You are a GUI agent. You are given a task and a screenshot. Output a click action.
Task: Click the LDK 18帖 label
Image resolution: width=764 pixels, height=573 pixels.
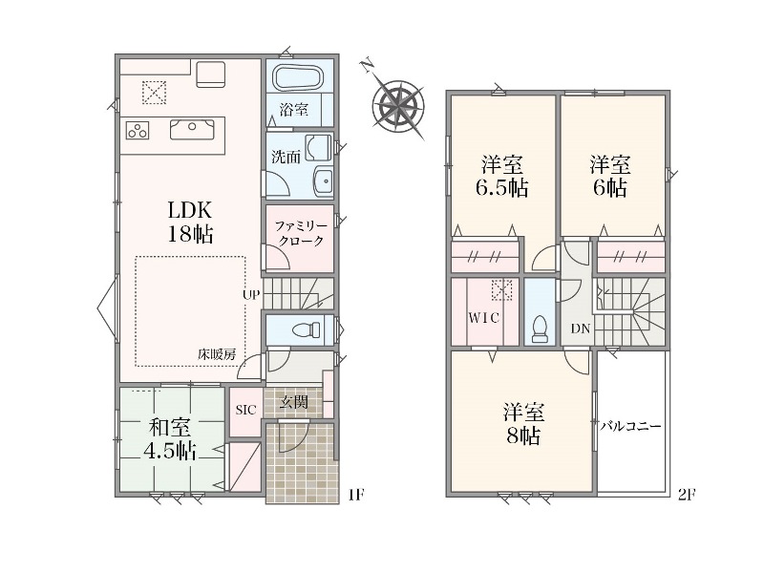[x=190, y=223]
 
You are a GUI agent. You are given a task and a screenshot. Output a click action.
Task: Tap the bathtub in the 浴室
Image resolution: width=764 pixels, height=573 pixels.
[x=297, y=77]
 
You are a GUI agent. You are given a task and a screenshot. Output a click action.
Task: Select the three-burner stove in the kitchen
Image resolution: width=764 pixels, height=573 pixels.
[x=138, y=131]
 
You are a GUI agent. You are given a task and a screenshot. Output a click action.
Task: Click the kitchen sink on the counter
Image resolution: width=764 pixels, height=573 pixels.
[x=192, y=129]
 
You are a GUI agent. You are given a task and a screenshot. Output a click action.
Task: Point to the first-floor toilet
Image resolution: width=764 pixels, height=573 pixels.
[x=307, y=330]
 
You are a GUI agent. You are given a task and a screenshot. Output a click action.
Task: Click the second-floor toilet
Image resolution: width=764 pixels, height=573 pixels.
[x=540, y=329]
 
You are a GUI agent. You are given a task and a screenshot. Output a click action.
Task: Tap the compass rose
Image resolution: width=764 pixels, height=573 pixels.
[x=397, y=105]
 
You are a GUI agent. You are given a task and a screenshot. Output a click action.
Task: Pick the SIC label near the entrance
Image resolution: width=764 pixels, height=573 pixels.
[x=245, y=411]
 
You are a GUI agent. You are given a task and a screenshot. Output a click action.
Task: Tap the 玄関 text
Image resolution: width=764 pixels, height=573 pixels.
[x=294, y=402]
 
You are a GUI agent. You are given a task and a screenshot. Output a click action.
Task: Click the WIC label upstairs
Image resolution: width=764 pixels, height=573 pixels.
[x=484, y=318]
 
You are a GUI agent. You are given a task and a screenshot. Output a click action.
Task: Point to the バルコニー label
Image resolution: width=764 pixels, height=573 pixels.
[x=630, y=426]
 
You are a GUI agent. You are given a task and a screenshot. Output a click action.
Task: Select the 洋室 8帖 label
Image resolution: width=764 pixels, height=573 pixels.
[x=523, y=424]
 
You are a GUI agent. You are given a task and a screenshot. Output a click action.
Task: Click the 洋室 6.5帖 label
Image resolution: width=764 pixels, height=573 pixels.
[x=502, y=176]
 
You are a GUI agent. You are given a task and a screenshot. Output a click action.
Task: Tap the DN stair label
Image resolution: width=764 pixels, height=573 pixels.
[x=581, y=329]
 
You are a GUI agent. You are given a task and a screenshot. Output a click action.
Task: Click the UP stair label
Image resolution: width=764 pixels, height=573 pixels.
[x=251, y=294]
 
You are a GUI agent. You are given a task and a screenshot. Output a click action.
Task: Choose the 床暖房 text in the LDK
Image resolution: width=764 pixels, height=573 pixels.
[x=217, y=354]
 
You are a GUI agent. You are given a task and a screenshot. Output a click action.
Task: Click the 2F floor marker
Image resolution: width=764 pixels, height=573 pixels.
[x=686, y=495]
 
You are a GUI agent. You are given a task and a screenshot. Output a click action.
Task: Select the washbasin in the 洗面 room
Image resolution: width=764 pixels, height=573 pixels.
[x=323, y=181]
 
